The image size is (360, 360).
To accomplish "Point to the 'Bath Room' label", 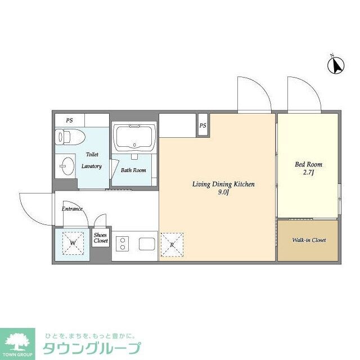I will click(133, 170).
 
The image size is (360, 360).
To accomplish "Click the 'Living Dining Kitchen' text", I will click(223, 184).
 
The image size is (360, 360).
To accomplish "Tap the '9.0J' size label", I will click(223, 192).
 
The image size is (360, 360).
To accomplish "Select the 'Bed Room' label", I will click(308, 165).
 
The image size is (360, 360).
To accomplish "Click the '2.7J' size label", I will click(309, 173).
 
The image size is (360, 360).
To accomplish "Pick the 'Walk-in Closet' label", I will click(308, 240).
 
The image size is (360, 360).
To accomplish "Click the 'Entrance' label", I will click(72, 209).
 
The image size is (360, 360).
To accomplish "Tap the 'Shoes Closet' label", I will click(101, 238).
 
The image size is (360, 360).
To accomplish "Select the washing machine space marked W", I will click(73, 244).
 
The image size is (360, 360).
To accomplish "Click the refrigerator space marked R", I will click(171, 245).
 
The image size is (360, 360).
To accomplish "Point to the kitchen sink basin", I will click(147, 245).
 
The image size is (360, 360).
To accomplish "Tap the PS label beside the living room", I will click(203, 125).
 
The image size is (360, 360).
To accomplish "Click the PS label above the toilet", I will click(69, 120).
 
